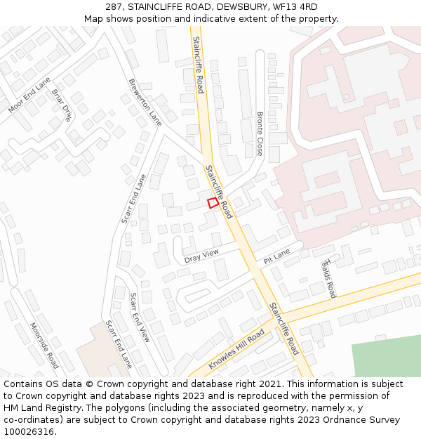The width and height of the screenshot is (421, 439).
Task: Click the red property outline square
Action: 213,203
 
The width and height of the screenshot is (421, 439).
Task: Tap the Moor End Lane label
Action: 29,96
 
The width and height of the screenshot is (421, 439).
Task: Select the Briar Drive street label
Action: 62,105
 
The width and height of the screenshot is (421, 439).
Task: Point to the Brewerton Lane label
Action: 145,102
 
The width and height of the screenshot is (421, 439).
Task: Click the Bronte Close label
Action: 260,133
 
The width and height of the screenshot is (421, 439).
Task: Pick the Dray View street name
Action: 201,256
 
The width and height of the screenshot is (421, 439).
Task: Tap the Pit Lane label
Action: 276,256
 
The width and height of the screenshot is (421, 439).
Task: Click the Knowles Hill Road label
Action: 236,348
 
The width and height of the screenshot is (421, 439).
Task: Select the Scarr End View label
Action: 140,317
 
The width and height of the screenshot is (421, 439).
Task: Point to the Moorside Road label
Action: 44,346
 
